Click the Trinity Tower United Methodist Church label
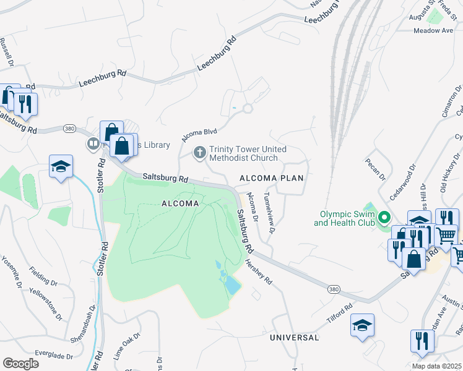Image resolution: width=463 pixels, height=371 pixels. pos(248,153)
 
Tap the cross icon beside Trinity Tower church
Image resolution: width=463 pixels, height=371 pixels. pos(199,151)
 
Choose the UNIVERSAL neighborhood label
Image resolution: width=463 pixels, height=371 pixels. pos(295,338)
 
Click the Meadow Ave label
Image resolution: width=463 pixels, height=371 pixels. pos(433,30)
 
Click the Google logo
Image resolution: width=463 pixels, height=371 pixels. pos(20,364)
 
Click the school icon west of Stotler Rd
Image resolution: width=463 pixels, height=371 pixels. pos(61,166)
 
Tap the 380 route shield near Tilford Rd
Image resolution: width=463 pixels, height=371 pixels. pos(333,289)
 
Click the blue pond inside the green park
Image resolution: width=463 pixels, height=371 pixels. pos(230,285)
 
